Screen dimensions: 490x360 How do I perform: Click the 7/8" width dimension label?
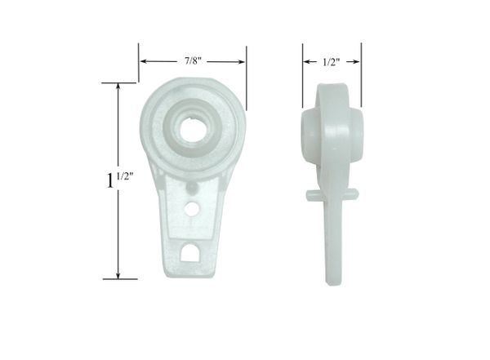193,60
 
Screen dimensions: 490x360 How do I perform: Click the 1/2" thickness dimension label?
331,62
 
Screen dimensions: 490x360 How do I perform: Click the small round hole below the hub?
192,208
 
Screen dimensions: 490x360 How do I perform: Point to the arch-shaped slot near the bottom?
189,252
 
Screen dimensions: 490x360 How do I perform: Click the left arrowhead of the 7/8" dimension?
144,61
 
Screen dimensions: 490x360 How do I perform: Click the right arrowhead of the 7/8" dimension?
241,61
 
